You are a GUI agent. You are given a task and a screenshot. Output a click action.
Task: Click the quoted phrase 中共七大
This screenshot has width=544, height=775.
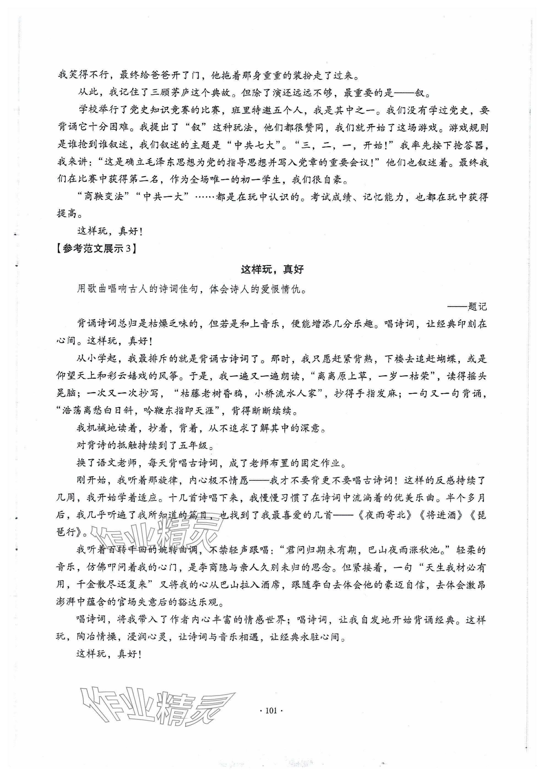[258, 145]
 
